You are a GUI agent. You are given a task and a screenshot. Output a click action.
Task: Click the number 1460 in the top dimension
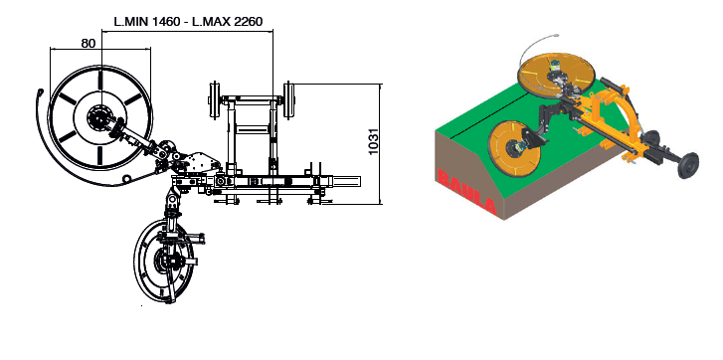[x=165, y=21]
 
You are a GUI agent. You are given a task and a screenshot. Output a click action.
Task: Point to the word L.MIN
[x=130, y=21]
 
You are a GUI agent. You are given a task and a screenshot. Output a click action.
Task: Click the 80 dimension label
[x=89, y=44]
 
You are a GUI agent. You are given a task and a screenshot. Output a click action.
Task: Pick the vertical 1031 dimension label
[x=374, y=141]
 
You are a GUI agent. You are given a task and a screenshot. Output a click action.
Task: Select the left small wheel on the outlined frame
[x=214, y=100]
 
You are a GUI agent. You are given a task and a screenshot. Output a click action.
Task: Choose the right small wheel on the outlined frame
[x=289, y=100]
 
